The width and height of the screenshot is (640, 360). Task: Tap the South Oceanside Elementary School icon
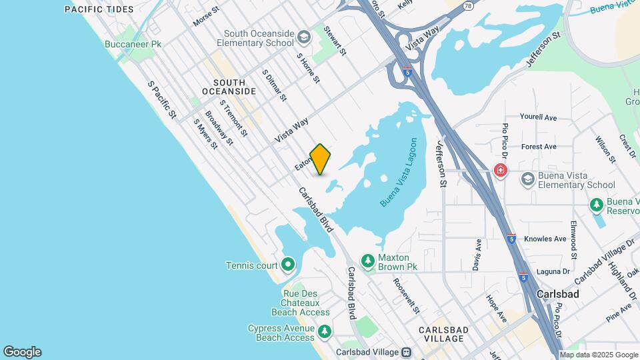tap(304, 37)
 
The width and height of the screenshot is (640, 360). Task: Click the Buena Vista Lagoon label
tap(399, 173)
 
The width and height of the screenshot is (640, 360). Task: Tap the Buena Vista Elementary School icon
tap(528, 179)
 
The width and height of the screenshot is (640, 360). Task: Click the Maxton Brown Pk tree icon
tap(367, 259)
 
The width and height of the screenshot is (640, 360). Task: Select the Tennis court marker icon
tap(288, 265)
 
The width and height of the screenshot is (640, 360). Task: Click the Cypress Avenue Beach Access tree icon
tap(325, 331)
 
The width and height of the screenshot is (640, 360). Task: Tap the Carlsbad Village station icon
tap(405, 352)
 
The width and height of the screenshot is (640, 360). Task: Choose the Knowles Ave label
tap(545, 239)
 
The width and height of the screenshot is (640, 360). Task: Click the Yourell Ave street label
tap(538, 117)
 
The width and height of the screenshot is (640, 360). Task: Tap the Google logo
tap(22, 352)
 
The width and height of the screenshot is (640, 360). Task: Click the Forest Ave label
tap(539, 147)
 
